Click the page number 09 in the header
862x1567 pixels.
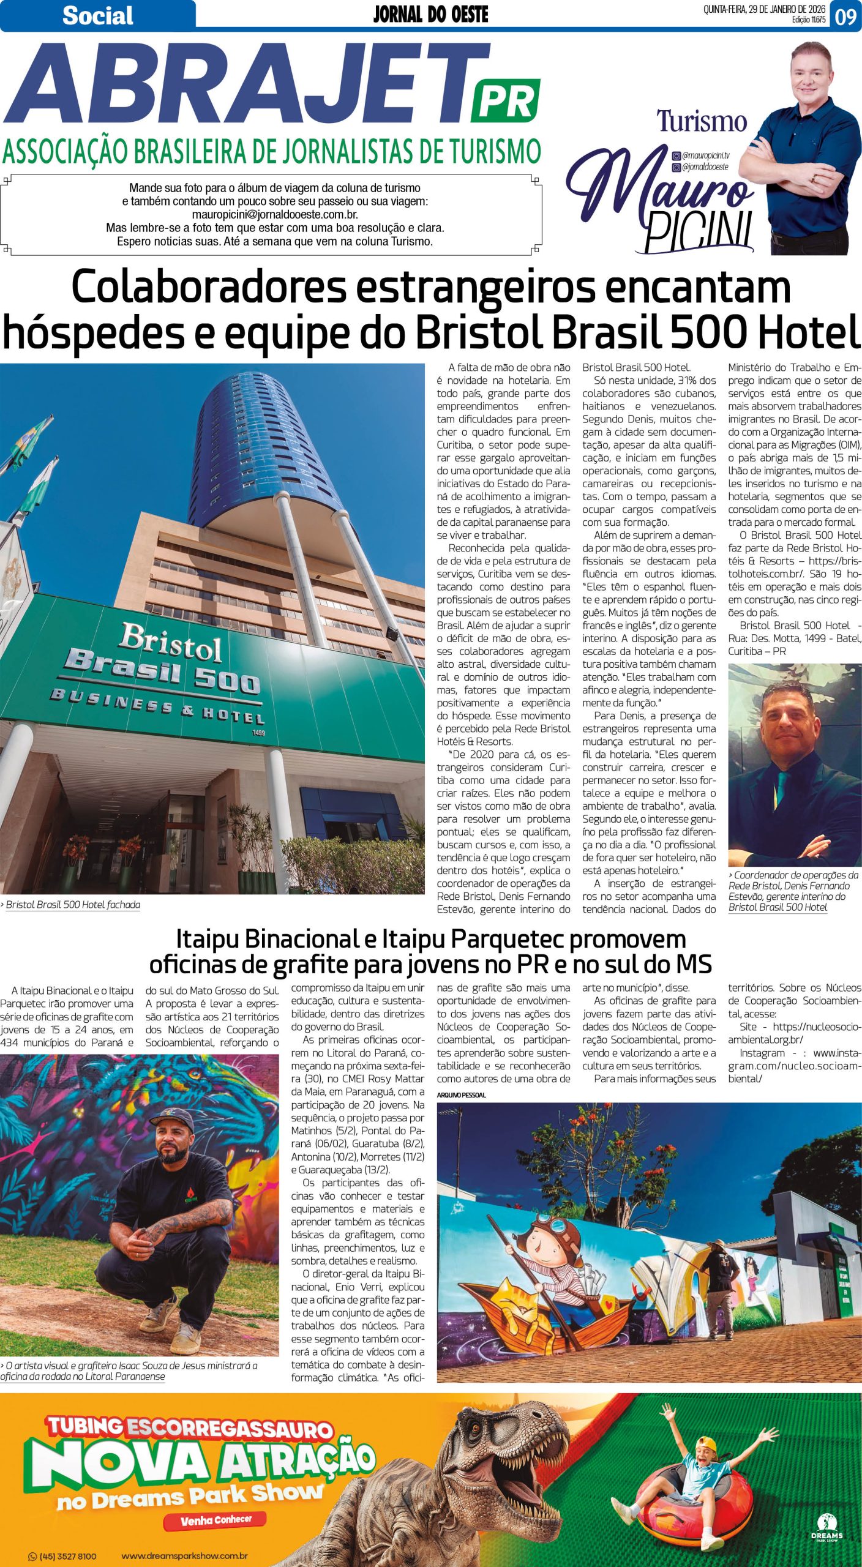coord(845,16)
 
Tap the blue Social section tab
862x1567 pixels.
coord(97,16)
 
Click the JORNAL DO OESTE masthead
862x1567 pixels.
coord(430,15)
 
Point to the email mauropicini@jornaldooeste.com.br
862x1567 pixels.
coord(275,215)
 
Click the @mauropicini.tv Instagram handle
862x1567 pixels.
coord(705,156)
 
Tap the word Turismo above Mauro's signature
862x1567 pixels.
coord(702,122)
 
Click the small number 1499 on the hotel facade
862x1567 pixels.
coord(258,732)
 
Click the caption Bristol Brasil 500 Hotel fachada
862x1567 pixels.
coord(73,905)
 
